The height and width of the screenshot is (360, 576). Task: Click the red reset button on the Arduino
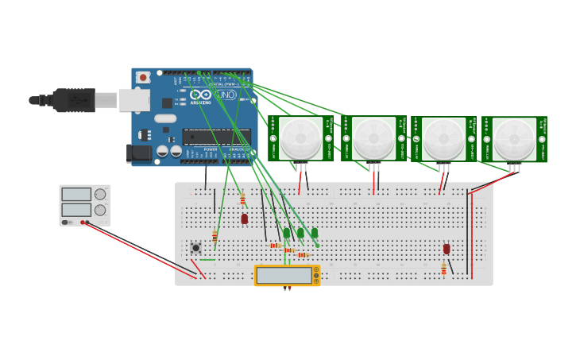[x=143, y=77]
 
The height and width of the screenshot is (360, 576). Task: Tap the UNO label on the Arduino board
[x=226, y=95]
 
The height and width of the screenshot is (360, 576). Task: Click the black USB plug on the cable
[x=74, y=100]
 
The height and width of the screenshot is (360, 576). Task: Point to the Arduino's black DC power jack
[x=139, y=153]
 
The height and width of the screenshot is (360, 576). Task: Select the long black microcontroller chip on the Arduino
[x=216, y=137]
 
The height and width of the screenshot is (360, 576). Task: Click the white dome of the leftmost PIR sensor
[x=301, y=138]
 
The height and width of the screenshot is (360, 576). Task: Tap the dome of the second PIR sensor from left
[x=373, y=138]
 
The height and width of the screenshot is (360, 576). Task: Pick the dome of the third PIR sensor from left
[x=443, y=139]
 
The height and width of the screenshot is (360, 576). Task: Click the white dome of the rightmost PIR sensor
[x=513, y=139]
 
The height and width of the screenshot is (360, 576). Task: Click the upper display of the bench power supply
[x=76, y=194]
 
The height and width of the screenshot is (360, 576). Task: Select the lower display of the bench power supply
[x=76, y=210]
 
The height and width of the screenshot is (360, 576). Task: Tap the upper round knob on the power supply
[x=100, y=194]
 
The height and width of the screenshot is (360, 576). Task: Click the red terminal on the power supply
[x=83, y=223]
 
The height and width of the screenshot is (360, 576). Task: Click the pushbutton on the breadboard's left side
[x=195, y=248]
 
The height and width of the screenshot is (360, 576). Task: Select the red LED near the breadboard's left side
[x=244, y=218]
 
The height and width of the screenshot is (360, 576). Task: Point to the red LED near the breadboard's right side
[x=446, y=249]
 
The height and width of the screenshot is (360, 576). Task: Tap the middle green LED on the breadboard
[x=300, y=233]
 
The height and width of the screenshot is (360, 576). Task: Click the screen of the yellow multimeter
[x=284, y=275]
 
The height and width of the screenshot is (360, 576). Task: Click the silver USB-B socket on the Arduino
[x=134, y=99]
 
